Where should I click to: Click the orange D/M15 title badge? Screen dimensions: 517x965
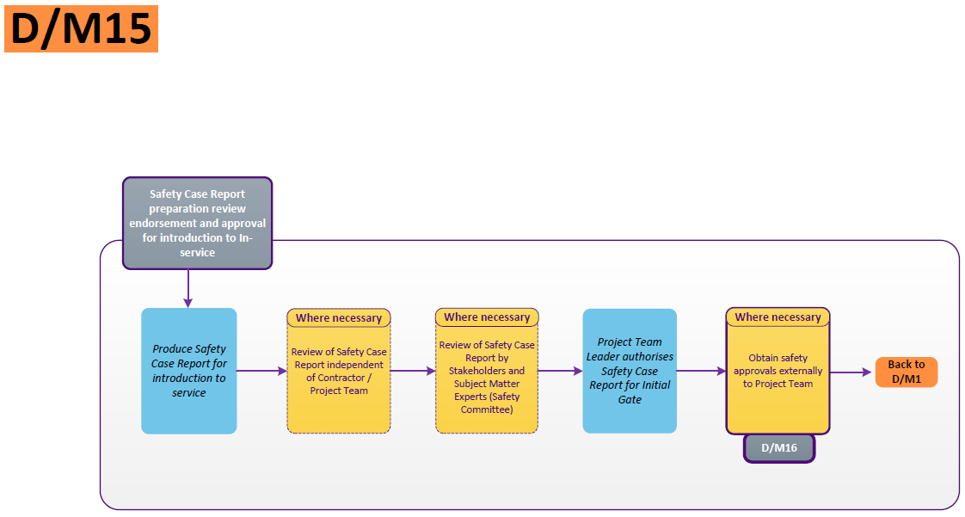[81, 28]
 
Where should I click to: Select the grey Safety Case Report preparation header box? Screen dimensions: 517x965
[197, 223]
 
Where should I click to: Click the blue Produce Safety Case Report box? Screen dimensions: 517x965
[188, 371]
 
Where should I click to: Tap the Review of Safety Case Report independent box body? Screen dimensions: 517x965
[338, 379]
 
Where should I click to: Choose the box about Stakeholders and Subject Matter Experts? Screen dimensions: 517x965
[487, 379]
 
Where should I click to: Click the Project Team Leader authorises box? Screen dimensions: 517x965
[630, 371]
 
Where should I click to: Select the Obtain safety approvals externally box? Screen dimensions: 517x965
[778, 379]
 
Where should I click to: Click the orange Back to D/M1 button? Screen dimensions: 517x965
[907, 372]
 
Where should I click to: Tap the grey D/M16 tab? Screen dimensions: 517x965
[778, 448]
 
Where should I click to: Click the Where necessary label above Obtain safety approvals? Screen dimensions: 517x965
[778, 317]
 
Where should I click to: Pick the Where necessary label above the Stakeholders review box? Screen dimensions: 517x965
[487, 317]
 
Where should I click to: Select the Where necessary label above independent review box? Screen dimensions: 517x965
[338, 318]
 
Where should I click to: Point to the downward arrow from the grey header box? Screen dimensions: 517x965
[187, 288]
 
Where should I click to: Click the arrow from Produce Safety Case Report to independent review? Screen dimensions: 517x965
[261, 371]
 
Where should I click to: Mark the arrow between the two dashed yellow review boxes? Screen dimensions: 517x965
[413, 371]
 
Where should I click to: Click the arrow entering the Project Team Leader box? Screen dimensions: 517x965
[560, 371]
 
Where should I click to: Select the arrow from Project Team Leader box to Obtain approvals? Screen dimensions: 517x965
[701, 371]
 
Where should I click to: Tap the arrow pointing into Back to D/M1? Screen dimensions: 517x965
[851, 372]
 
